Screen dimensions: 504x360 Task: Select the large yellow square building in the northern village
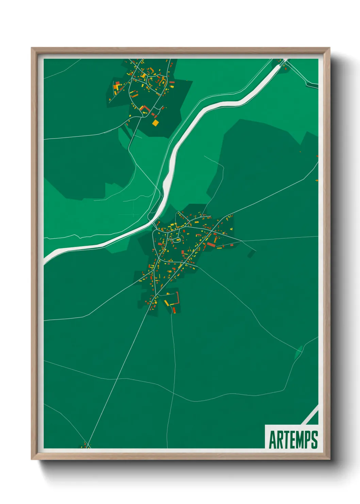(x=155, y=123)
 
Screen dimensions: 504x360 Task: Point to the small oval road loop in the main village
(x=177, y=240)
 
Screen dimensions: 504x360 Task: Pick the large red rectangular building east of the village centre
(x=211, y=245)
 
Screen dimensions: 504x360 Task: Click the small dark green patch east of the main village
(x=251, y=253)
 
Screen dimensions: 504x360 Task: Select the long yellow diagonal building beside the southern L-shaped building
(x=166, y=303)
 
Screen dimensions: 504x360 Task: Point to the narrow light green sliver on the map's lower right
(x=298, y=353)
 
